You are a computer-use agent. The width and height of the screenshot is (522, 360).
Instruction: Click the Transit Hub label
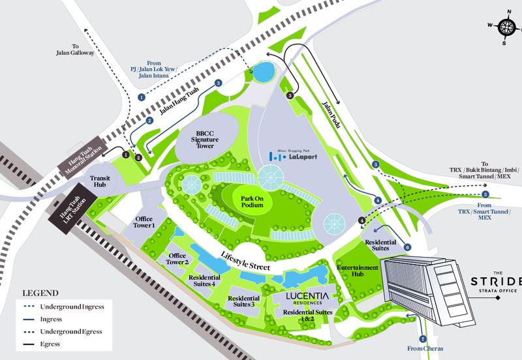click(102, 181)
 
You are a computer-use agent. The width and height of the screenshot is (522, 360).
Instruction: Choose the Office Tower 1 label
click(144, 222)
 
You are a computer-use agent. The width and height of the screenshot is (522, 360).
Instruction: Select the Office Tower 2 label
click(177, 259)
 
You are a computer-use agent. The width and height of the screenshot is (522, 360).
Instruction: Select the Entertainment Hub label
click(357, 271)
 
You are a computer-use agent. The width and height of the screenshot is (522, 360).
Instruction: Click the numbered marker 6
click(407, 247)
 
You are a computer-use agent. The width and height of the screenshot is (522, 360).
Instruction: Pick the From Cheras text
click(425, 349)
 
